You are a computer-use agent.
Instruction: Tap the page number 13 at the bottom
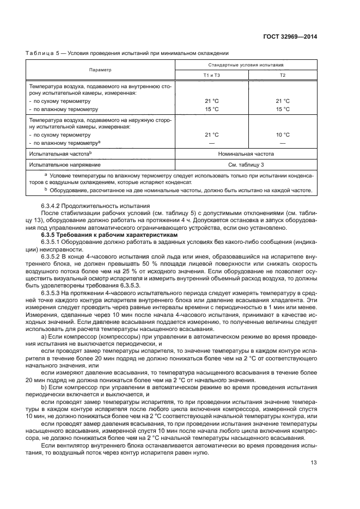(314, 463)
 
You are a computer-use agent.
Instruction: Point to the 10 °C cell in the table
(282, 134)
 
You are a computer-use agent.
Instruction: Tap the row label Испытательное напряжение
(65, 164)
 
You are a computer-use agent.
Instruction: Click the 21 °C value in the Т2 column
(282, 101)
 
